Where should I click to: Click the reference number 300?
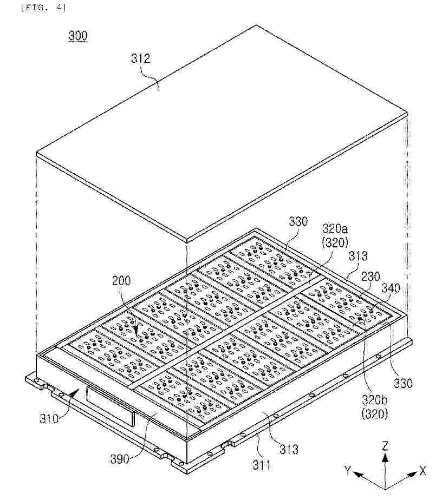click(x=78, y=36)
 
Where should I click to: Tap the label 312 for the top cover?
click(x=140, y=58)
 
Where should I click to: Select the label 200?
click(x=121, y=281)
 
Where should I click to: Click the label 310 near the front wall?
click(x=49, y=418)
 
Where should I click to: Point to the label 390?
click(x=120, y=459)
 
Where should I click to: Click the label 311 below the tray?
click(x=261, y=465)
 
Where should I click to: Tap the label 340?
click(x=391, y=288)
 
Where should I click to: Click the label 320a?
click(x=335, y=229)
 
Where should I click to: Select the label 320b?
click(x=375, y=399)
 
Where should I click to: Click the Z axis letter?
click(x=385, y=445)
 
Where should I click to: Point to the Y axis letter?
click(x=348, y=470)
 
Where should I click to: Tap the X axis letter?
click(x=423, y=470)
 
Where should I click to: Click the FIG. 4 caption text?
click(x=43, y=8)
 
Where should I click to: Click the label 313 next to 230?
click(x=357, y=256)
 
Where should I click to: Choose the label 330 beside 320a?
click(x=298, y=221)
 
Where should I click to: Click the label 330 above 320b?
click(x=403, y=383)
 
